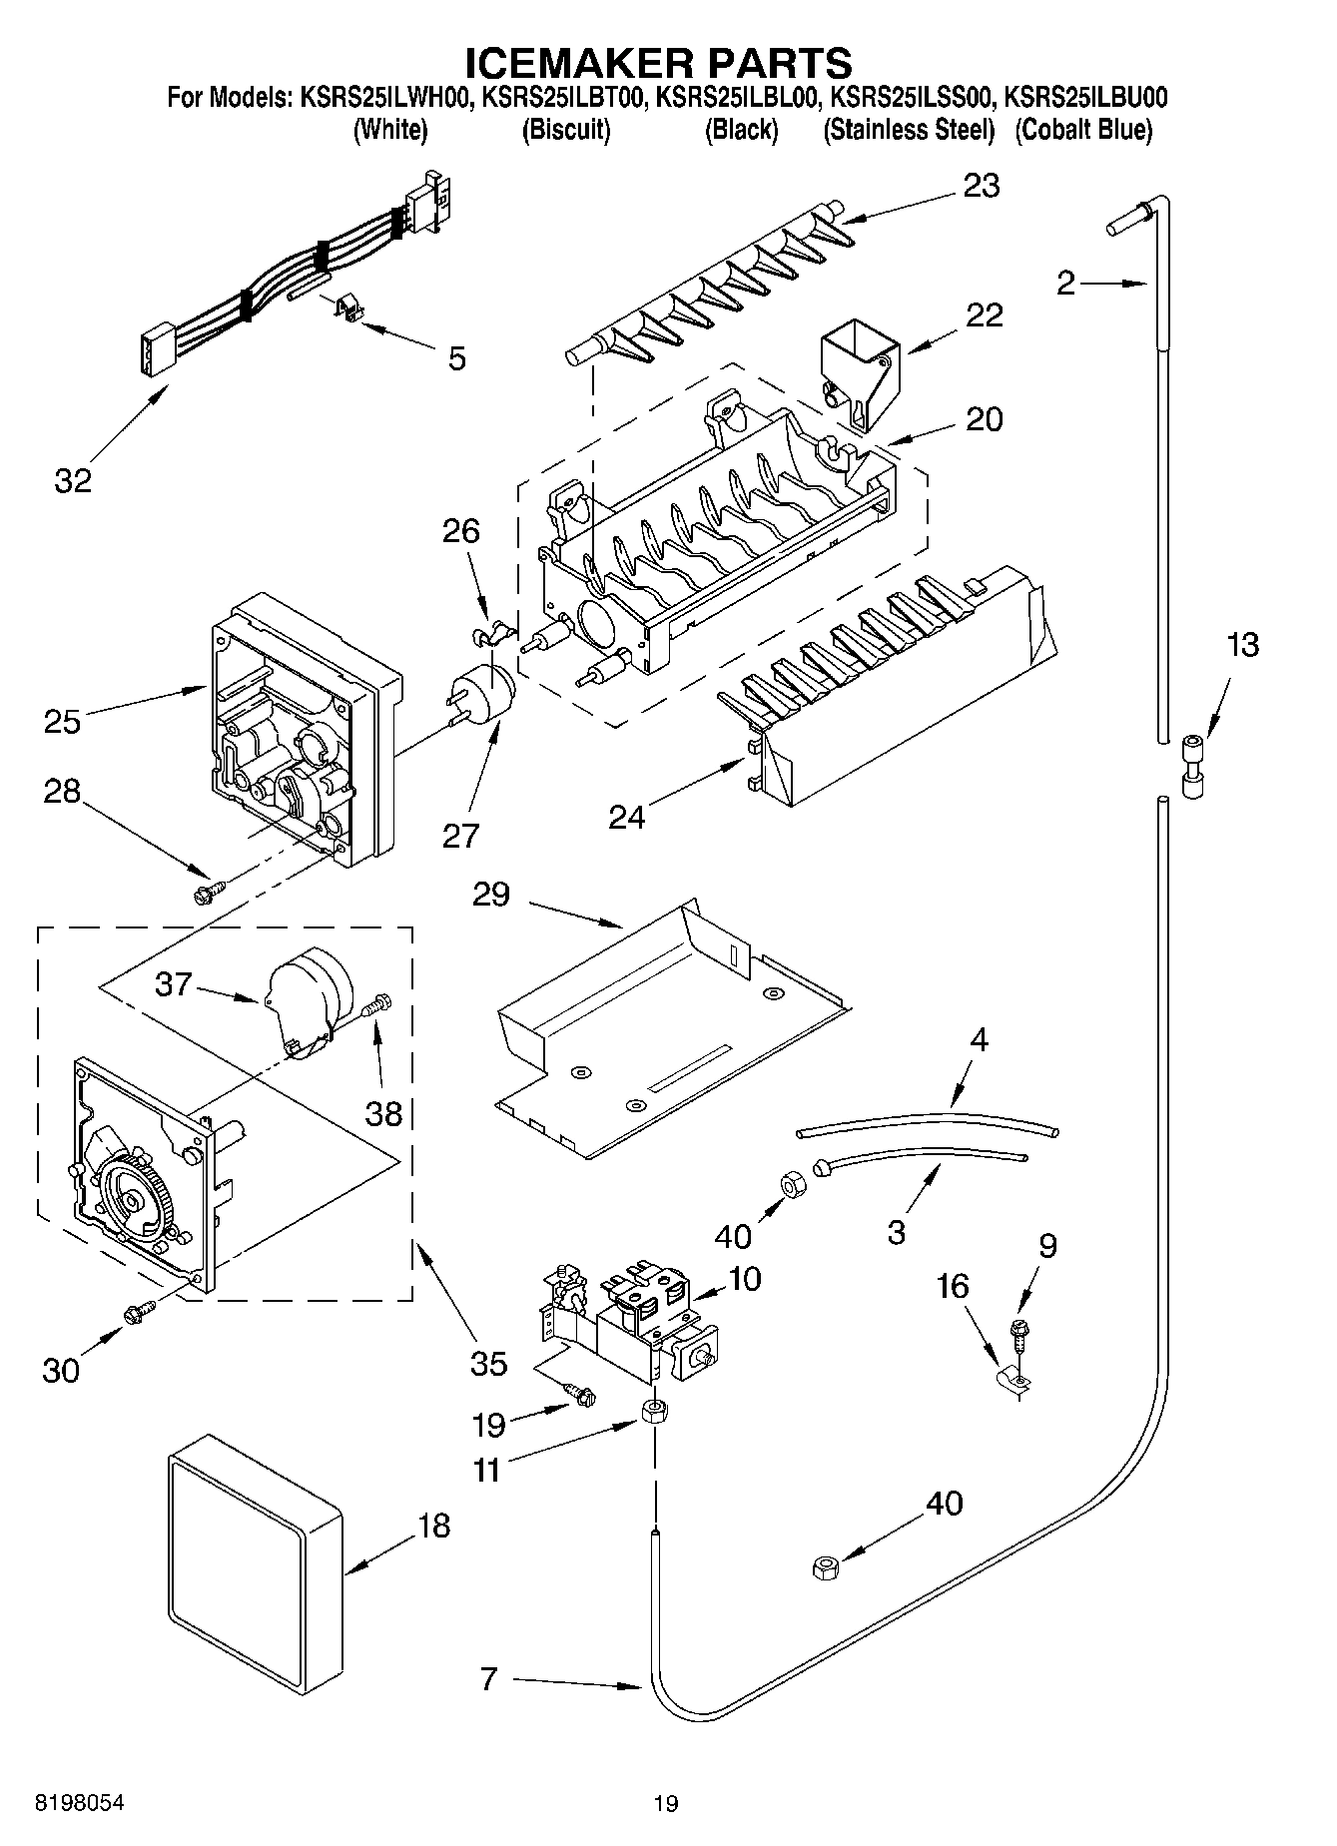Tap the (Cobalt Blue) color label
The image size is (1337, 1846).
(x=1083, y=130)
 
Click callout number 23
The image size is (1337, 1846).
(x=981, y=186)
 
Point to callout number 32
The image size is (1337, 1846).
(x=73, y=480)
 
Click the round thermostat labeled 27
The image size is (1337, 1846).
(x=485, y=690)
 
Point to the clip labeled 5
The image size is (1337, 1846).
(x=345, y=308)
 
